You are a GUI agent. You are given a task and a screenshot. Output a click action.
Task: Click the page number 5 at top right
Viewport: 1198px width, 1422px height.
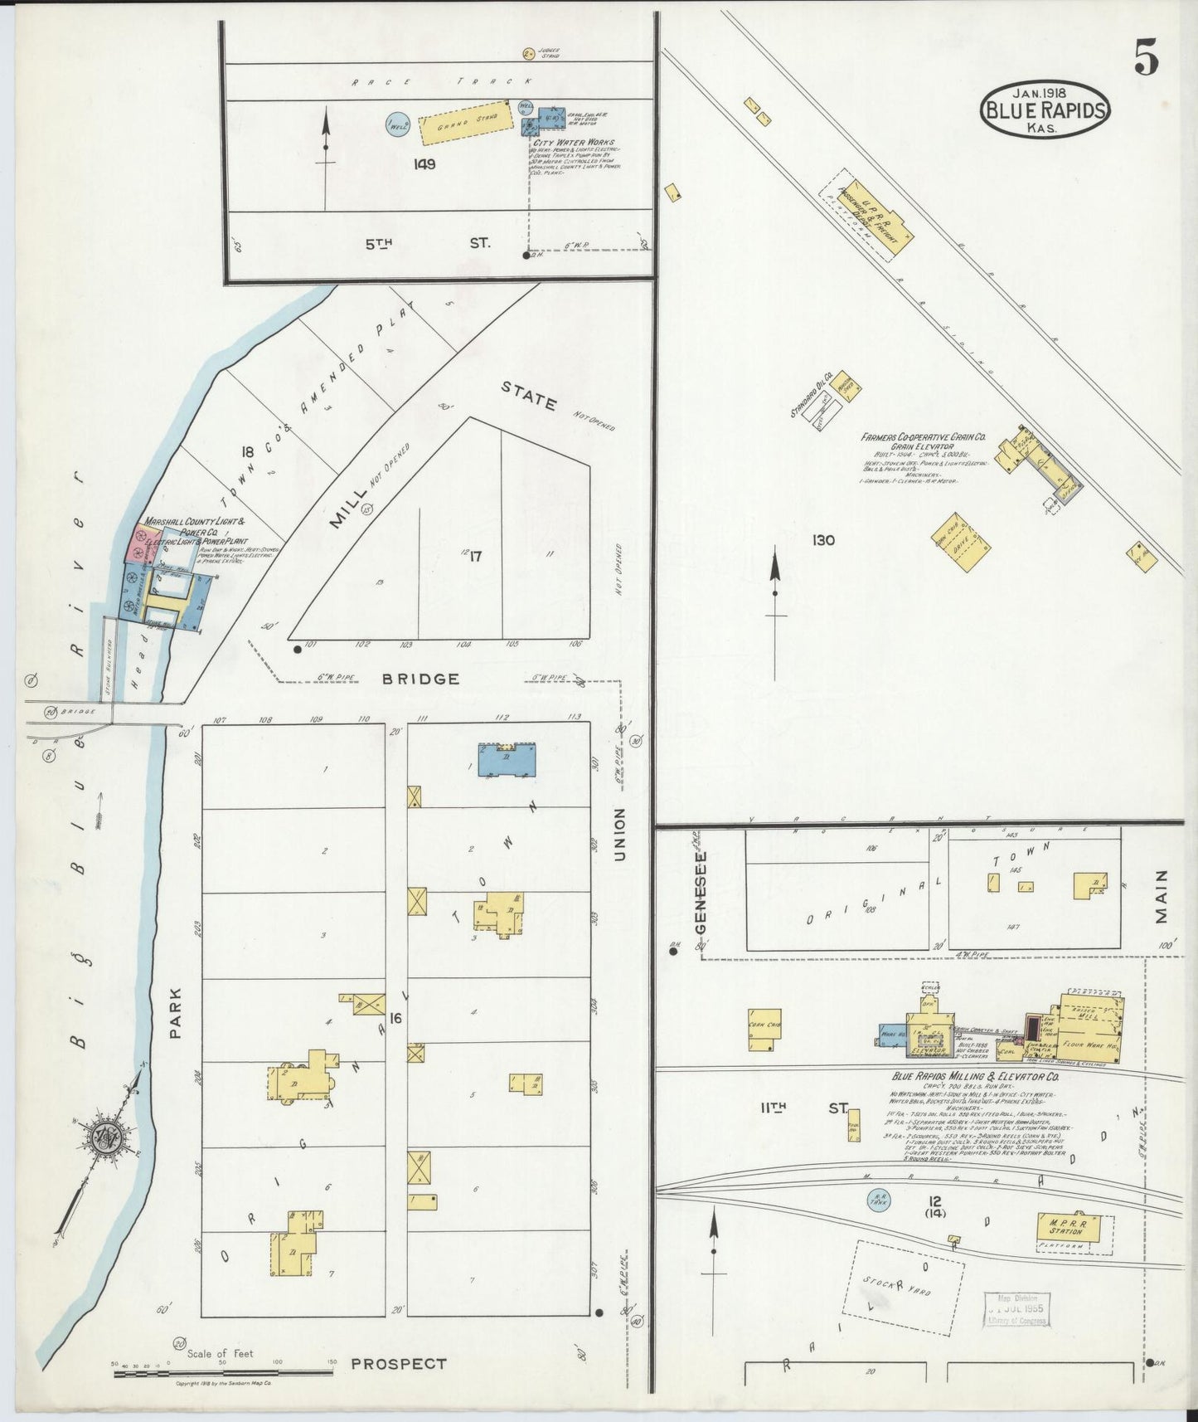pos(1146,58)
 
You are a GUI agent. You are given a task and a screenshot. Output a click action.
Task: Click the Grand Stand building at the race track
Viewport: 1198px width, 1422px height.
pos(461,124)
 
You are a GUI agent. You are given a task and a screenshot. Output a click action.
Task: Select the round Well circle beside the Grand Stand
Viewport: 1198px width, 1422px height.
pos(397,124)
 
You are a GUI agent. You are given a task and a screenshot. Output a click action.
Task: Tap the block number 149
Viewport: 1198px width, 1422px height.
pos(424,164)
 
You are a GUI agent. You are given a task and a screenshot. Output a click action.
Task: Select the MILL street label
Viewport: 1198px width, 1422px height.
pos(347,509)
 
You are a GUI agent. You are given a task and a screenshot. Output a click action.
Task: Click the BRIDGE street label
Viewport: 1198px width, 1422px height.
pos(420,679)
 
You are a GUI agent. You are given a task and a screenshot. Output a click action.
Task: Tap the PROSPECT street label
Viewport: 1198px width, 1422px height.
pos(399,1363)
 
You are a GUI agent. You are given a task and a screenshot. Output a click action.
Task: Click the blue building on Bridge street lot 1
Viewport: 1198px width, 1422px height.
pos(507,760)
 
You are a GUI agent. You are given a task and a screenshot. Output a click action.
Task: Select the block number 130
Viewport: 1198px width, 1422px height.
pos(823,541)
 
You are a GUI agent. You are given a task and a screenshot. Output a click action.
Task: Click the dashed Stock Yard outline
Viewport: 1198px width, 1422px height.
pos(905,1288)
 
